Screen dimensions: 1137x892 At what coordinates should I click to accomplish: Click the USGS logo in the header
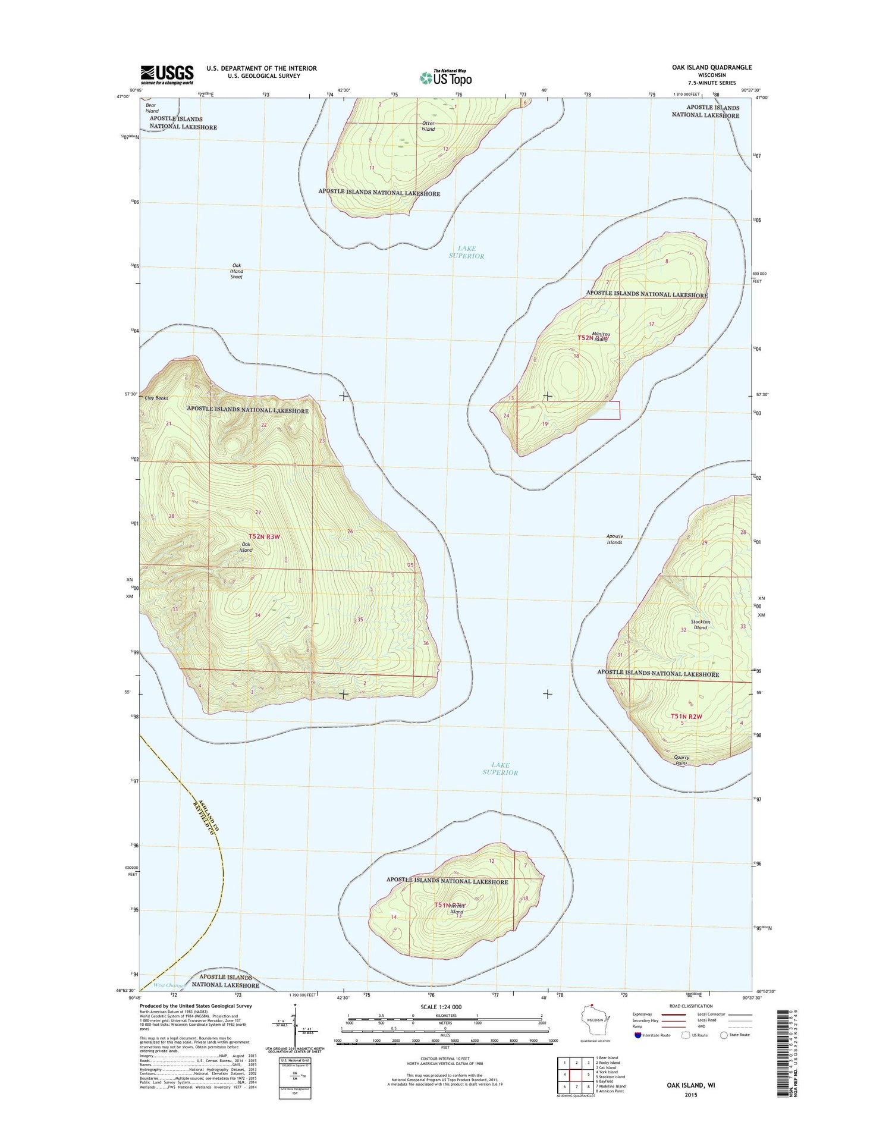pyautogui.click(x=167, y=74)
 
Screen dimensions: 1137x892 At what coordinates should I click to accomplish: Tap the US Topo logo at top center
pyautogui.click(x=446, y=77)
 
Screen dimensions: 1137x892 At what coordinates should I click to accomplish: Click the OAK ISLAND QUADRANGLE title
pyautogui.click(x=712, y=67)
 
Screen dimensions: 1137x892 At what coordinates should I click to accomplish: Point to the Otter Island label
pyautogui.click(x=428, y=126)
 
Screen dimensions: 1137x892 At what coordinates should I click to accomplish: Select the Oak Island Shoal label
pyautogui.click(x=237, y=271)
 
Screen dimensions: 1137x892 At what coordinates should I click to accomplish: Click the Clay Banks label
pyautogui.click(x=156, y=398)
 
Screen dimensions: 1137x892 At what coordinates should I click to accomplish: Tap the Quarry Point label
pyautogui.click(x=681, y=761)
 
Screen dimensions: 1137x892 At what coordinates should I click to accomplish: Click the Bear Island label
pyautogui.click(x=152, y=108)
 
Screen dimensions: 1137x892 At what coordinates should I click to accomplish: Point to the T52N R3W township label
pyautogui.click(x=264, y=536)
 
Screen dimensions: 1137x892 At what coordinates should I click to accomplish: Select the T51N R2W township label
pyautogui.click(x=686, y=717)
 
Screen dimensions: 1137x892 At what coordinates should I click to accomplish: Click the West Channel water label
pyautogui.click(x=169, y=985)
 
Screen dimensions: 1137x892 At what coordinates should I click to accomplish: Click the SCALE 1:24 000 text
pyautogui.click(x=441, y=1007)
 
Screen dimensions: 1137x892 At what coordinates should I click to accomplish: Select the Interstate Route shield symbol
pyautogui.click(x=638, y=1035)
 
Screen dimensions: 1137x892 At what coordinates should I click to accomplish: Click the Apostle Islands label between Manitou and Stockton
pyautogui.click(x=614, y=539)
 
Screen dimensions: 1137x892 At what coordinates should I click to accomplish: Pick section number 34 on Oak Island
pyautogui.click(x=257, y=615)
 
